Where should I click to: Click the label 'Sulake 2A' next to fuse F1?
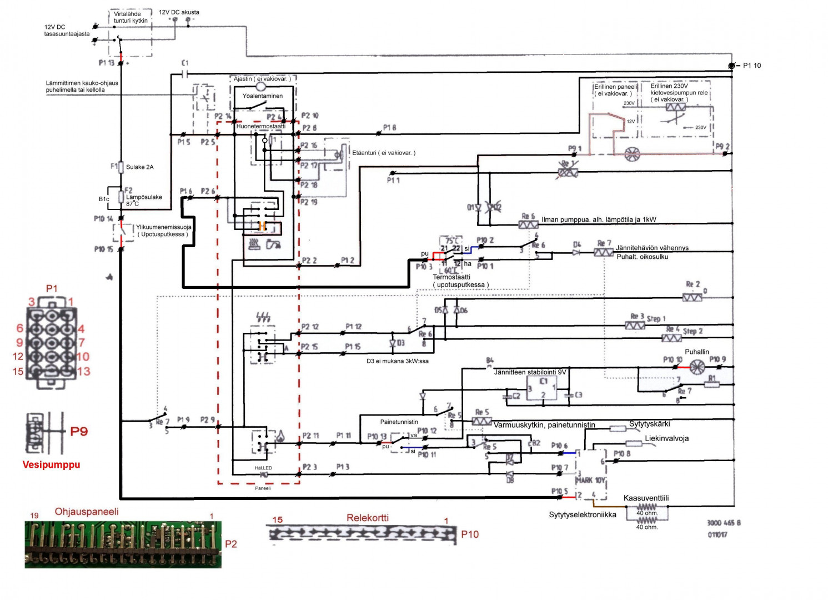click(139, 167)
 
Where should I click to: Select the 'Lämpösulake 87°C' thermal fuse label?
click(144, 200)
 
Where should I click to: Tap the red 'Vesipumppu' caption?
click(51, 464)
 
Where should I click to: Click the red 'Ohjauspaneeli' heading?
click(87, 511)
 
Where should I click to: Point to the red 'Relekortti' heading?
click(368, 518)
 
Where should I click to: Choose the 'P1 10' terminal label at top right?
click(752, 66)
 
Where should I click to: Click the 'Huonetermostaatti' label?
click(260, 126)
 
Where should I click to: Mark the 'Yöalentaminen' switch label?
click(262, 96)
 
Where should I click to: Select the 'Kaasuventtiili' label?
click(646, 498)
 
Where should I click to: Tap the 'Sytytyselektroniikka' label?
click(583, 514)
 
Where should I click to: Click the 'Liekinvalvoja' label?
click(666, 438)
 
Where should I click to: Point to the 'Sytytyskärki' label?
click(649, 424)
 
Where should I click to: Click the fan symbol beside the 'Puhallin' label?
click(697, 366)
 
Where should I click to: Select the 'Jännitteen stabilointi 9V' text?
click(530, 372)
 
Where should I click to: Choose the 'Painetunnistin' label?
click(399, 422)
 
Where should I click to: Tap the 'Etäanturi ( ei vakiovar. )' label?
click(384, 153)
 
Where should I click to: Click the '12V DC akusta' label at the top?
click(179, 12)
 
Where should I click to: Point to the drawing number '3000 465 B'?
click(724, 523)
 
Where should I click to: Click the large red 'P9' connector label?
click(79, 432)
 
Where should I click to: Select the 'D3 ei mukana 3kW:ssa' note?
click(397, 361)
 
